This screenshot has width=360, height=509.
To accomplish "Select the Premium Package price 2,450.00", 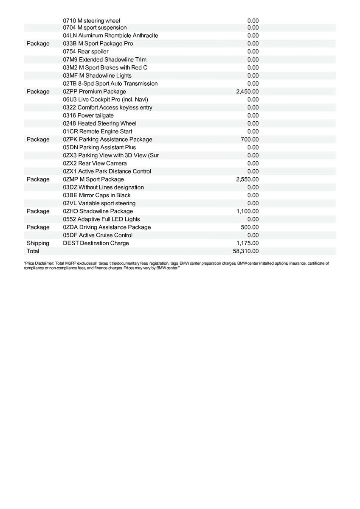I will point(247,92).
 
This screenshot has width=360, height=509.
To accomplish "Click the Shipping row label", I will point(38,243).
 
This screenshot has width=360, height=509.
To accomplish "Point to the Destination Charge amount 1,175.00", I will point(247,243).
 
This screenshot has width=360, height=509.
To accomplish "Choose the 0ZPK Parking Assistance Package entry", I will point(107,140).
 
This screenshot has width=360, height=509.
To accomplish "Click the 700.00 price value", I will point(250,140).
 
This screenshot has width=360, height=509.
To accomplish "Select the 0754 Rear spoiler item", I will point(86,52).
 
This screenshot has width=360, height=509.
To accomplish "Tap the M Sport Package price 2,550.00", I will point(247,179).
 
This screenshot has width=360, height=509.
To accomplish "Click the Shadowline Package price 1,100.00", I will point(247,211).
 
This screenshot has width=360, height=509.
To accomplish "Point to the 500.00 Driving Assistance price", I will point(250,227).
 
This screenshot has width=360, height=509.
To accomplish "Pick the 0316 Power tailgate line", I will point(88,115).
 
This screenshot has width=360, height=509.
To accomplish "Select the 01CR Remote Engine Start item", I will point(98,131).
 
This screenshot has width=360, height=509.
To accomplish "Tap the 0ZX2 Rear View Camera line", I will point(95,163).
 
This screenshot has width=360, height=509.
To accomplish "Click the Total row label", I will point(33,251).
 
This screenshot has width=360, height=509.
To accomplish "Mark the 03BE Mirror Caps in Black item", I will point(97,195).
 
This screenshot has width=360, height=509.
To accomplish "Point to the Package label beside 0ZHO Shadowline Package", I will point(38,211).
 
